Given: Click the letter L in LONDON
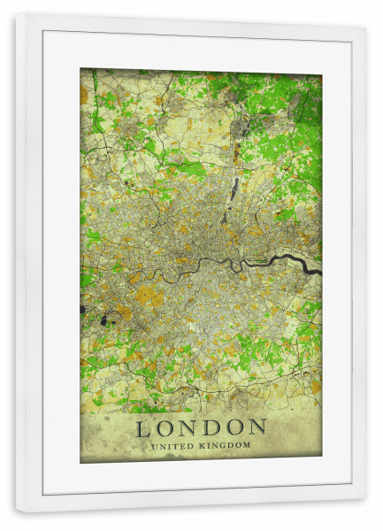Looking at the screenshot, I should [x=143, y=429].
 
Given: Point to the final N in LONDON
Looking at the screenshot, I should [x=257, y=429].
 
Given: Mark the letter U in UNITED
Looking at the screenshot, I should [x=154, y=446].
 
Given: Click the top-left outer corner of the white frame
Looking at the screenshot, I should [x=16, y=14].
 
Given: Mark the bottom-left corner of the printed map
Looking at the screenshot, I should [x=80, y=462].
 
